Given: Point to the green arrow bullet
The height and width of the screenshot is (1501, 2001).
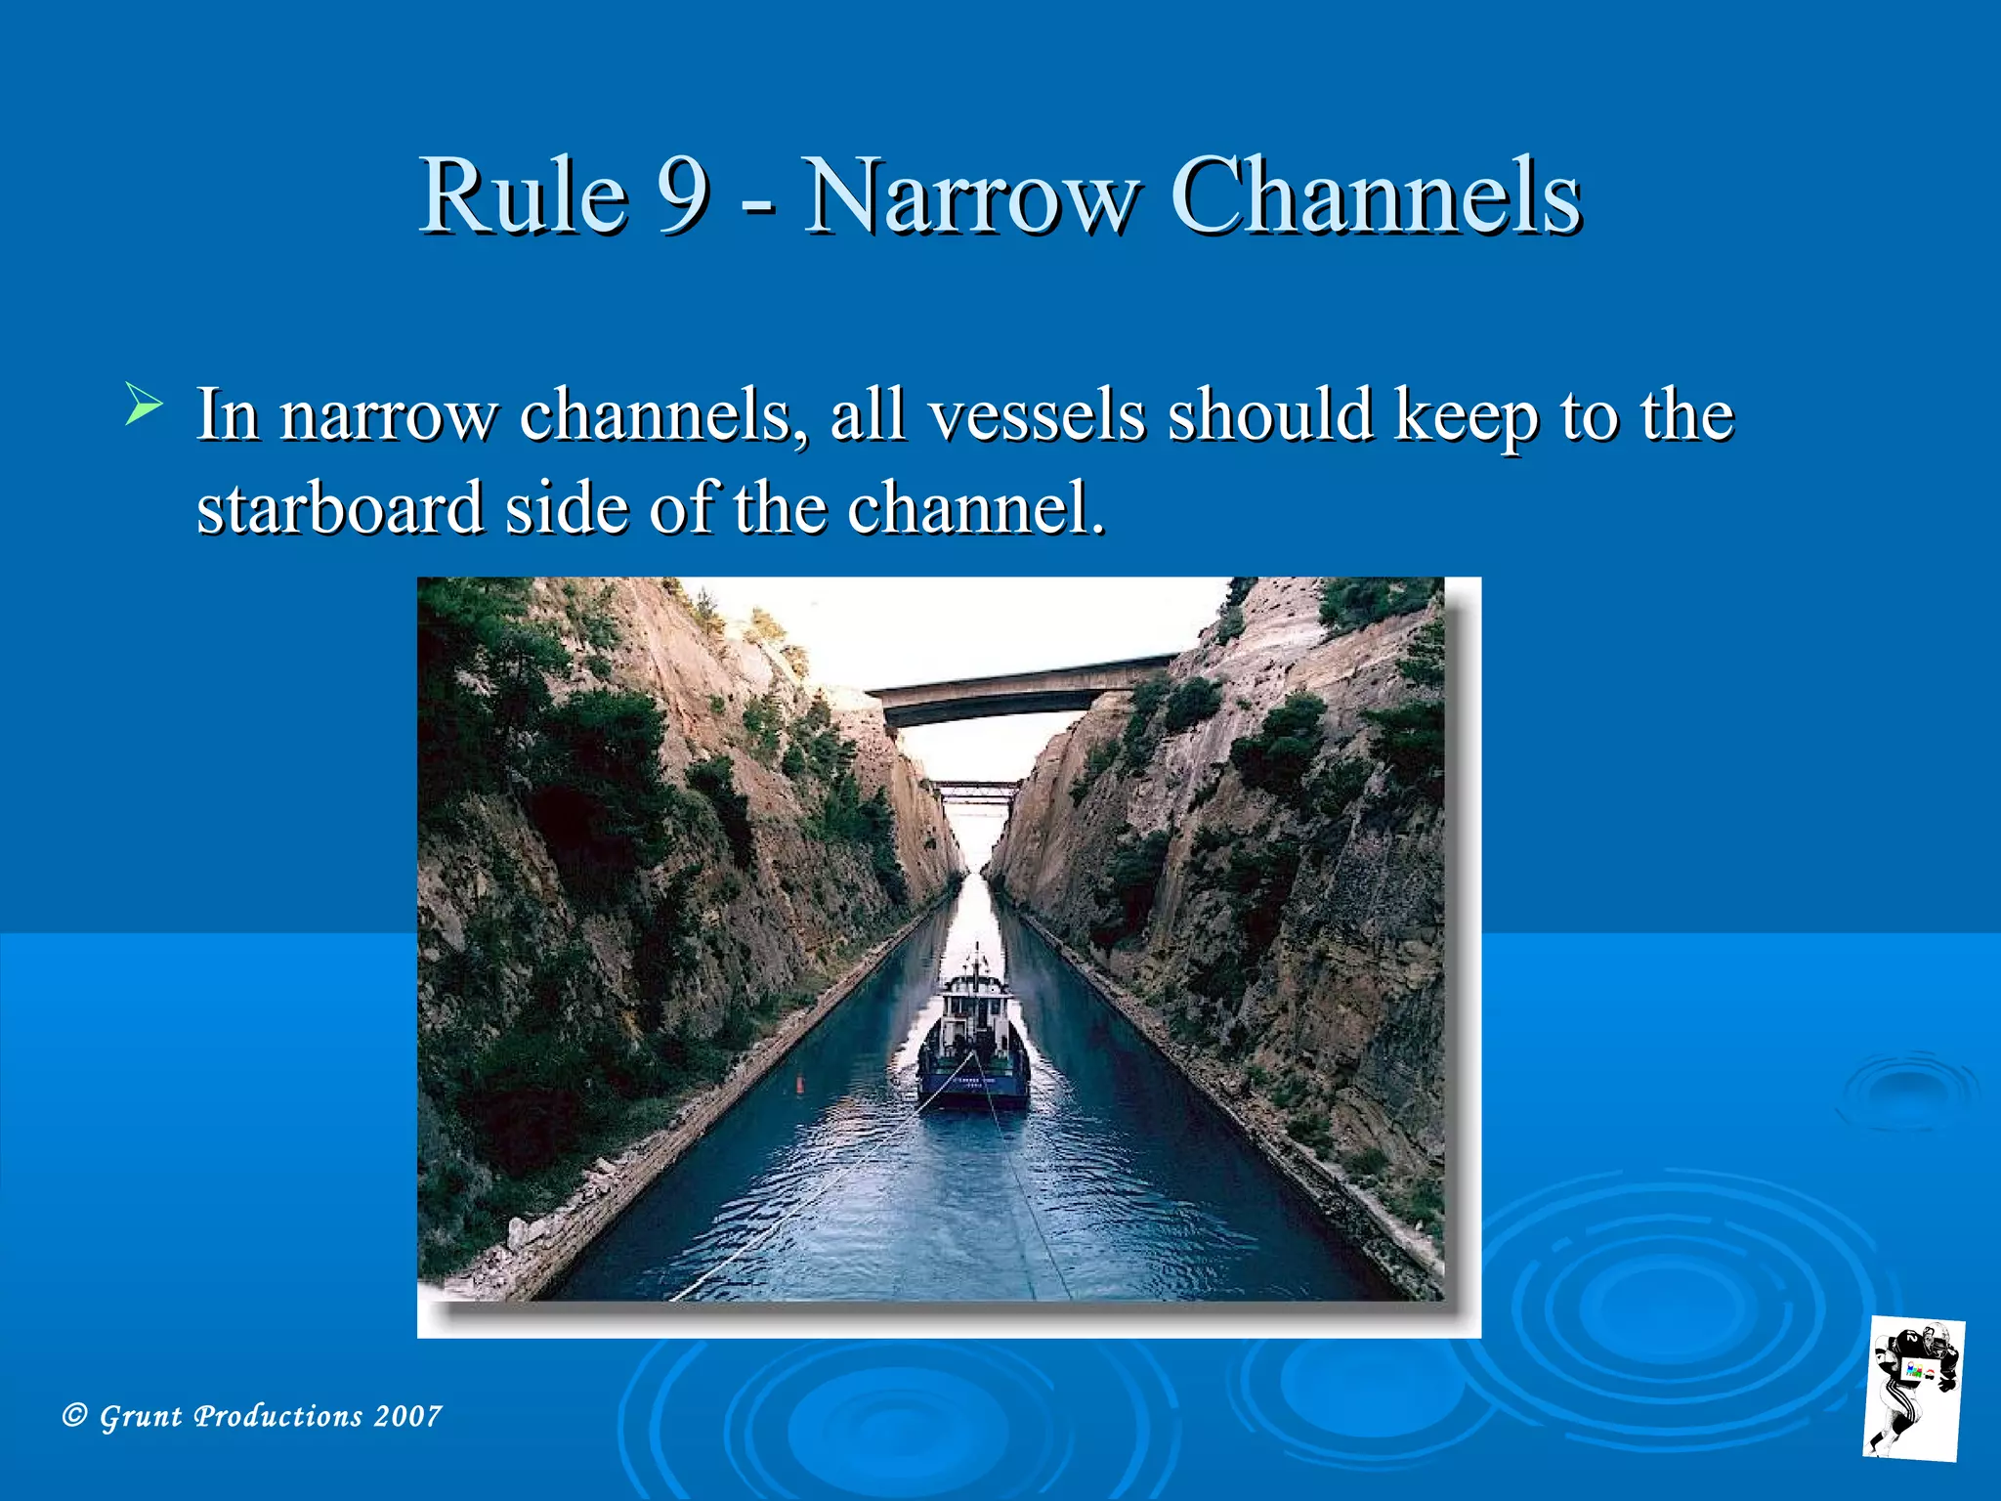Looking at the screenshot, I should click(144, 405).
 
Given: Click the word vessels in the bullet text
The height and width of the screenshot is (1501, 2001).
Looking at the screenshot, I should click(1036, 415).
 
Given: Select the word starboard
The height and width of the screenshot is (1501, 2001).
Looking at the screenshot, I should click(339, 507).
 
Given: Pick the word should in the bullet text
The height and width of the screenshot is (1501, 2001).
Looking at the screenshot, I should click(1271, 415).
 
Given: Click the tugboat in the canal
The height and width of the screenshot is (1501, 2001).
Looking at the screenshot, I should click(973, 1046).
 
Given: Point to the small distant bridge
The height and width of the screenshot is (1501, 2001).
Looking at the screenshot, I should click(975, 790).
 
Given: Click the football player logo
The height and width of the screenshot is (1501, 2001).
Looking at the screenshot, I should click(1913, 1389).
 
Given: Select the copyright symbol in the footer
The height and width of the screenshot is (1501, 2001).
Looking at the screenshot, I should click(74, 1415).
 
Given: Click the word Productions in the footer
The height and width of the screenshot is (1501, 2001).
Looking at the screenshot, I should click(278, 1416).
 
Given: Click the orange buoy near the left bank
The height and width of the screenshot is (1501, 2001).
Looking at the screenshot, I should click(800, 1082).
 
